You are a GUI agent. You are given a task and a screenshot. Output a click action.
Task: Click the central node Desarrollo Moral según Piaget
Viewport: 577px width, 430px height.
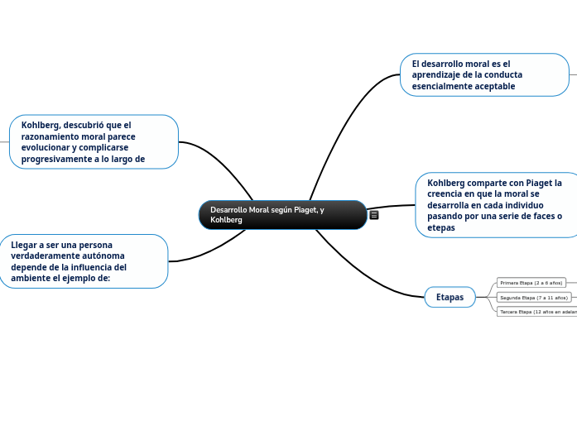(x=282, y=215)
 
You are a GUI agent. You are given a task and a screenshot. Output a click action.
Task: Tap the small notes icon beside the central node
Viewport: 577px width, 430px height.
(x=374, y=215)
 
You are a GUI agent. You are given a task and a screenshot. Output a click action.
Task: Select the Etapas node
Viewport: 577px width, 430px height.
(x=450, y=297)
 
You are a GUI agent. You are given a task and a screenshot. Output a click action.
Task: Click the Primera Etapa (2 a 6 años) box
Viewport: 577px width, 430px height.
(x=531, y=283)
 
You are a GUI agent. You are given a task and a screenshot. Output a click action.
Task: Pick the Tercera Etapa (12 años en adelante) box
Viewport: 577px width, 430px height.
(x=537, y=312)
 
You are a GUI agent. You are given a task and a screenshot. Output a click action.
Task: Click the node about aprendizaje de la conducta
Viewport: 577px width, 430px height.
(x=484, y=74)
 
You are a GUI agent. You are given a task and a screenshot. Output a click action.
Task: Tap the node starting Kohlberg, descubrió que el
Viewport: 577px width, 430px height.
(x=94, y=141)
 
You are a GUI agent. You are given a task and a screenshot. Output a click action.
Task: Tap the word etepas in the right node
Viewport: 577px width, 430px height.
(x=441, y=227)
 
